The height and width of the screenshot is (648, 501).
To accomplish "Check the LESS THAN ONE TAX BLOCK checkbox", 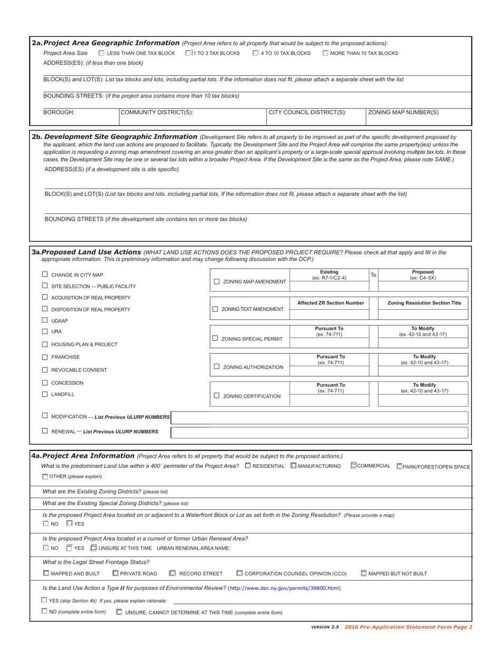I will pyautogui.click(x=102, y=53).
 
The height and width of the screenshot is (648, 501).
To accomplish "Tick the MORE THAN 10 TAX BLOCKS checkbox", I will pyautogui.click(x=325, y=53).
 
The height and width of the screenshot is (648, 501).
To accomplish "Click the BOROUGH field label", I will pyautogui.click(x=59, y=112).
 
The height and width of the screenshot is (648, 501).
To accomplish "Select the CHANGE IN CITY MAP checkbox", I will pyautogui.click(x=45, y=274).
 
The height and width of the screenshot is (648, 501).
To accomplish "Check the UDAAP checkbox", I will pyautogui.click(x=45, y=320).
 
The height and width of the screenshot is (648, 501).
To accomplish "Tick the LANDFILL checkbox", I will pyautogui.click(x=45, y=394).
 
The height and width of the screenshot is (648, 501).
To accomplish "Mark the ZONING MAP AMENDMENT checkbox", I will pyautogui.click(x=217, y=282).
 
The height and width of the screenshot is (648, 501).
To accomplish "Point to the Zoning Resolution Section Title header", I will pyautogui.click(x=424, y=303).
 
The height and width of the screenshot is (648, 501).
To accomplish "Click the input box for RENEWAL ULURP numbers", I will pyautogui.click(x=320, y=433).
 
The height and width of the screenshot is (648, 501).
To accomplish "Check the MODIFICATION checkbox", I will pyautogui.click(x=45, y=416).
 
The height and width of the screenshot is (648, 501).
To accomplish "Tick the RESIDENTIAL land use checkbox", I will pyautogui.click(x=248, y=466).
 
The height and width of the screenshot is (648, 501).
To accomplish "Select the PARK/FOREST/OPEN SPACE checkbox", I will pyautogui.click(x=399, y=466).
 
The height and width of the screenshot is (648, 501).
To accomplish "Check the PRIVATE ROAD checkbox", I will pyautogui.click(x=115, y=573).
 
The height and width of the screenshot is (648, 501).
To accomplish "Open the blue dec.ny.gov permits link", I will pyautogui.click(x=285, y=588).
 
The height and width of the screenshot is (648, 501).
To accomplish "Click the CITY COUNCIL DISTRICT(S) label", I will pyautogui.click(x=308, y=112).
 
